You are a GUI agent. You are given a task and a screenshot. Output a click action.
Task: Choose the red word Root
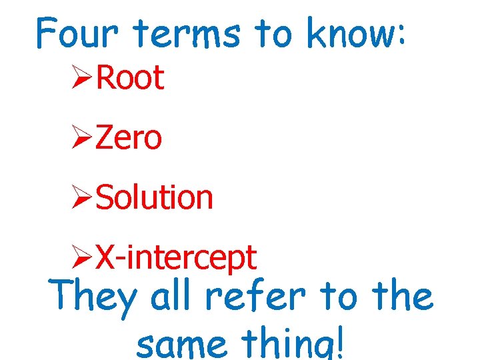point(130,79)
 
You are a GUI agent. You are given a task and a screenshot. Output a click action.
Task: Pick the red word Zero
point(129,138)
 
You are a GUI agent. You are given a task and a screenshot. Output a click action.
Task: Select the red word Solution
point(154,197)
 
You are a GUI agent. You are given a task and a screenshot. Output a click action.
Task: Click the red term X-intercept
point(176,257)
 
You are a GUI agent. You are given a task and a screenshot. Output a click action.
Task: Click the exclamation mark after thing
point(342,343)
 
